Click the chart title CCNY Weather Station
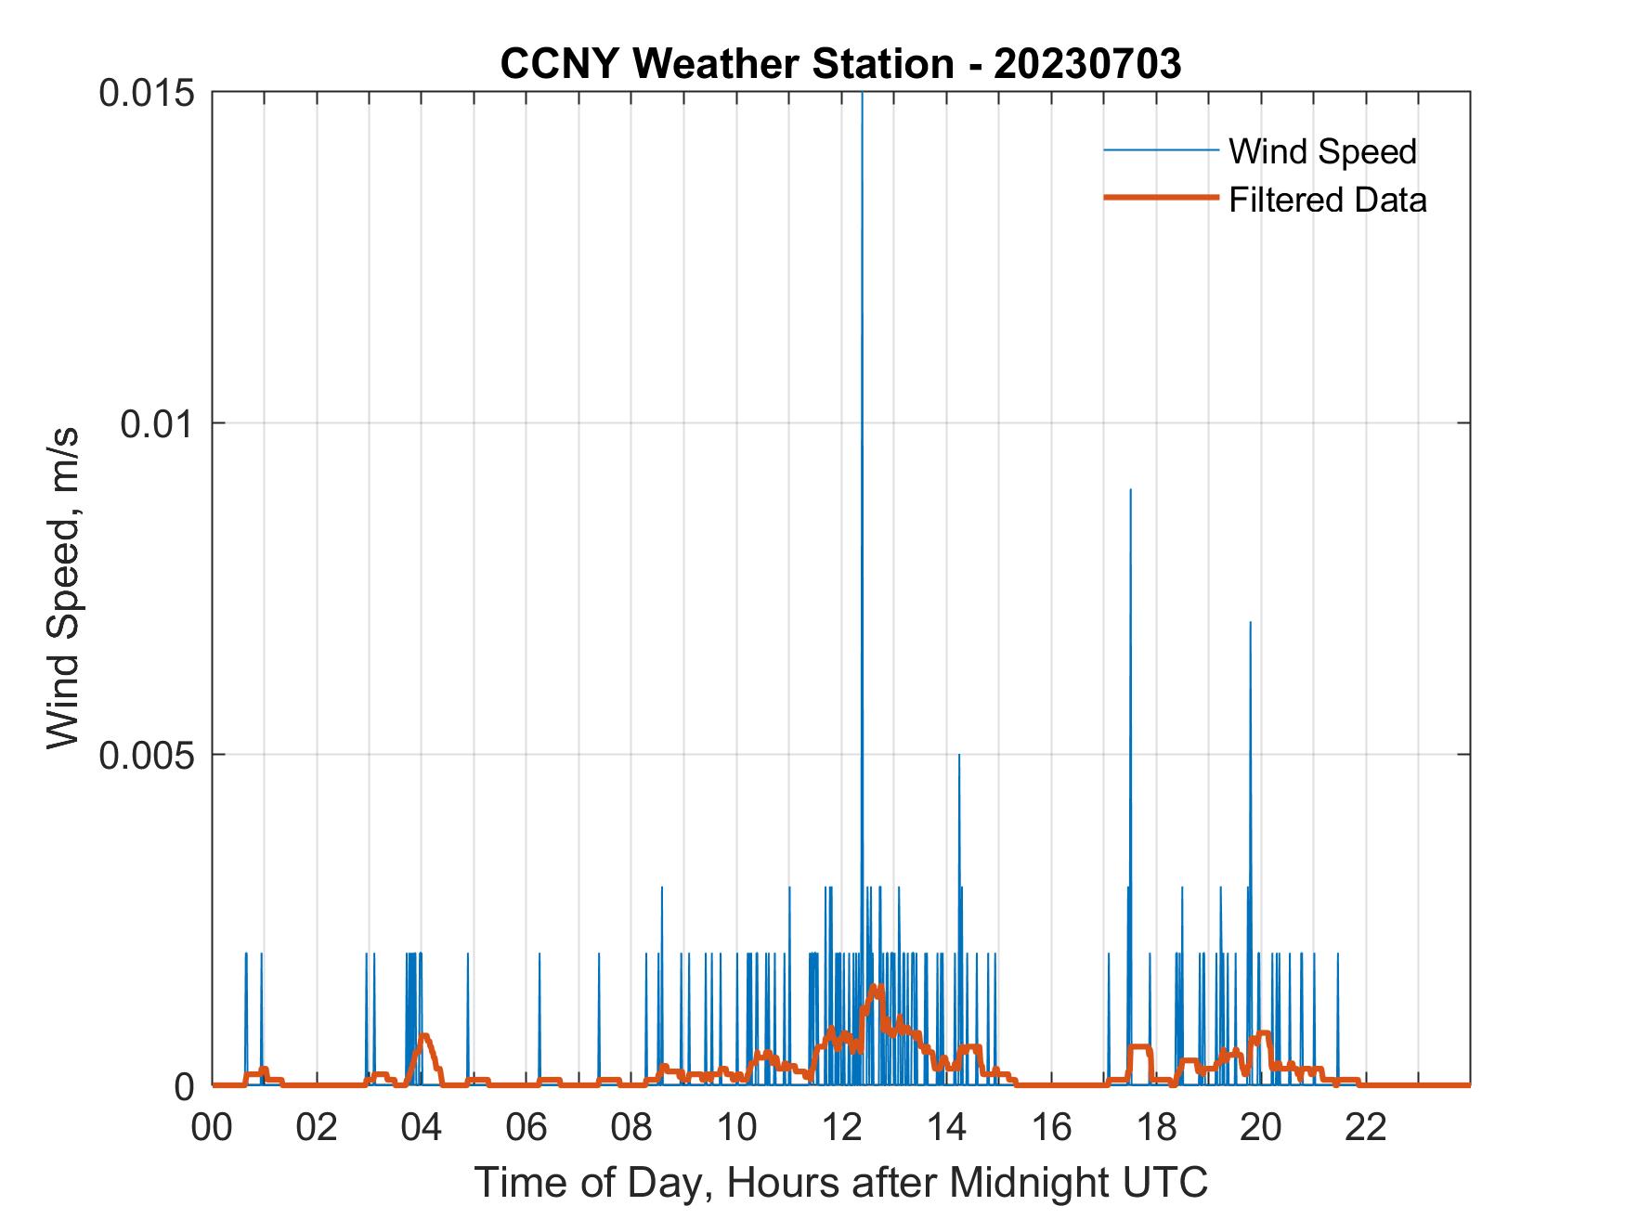click(840, 64)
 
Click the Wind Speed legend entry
click(1321, 151)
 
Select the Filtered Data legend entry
click(1327, 200)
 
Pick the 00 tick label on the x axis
click(214, 1128)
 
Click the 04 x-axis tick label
click(423, 1128)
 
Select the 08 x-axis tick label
click(633, 1128)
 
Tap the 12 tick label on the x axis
click(843, 1128)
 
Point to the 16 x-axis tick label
click(1052, 1128)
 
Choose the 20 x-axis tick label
click(1262, 1128)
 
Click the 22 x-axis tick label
click(1367, 1128)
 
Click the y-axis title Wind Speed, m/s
click(63, 589)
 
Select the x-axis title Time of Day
click(841, 1182)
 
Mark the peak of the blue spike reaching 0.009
click(1130, 490)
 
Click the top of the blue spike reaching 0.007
click(1250, 623)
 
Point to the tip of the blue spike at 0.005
click(959, 756)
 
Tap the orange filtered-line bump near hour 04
click(424, 1035)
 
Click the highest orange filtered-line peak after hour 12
click(877, 987)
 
